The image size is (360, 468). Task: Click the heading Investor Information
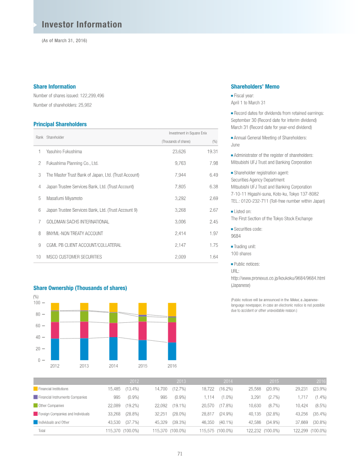(81, 25)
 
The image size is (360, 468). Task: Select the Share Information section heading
(54, 87)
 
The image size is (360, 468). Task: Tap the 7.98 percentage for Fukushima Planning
(214, 164)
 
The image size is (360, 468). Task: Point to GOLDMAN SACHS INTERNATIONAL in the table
(77, 222)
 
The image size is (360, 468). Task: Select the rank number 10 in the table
(38, 257)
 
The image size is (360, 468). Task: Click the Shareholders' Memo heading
(255, 87)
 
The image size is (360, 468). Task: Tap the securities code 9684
(235, 236)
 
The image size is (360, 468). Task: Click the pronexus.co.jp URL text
(278, 278)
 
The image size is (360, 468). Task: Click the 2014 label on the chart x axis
(113, 366)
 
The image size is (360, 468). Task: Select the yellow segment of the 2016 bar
(172, 309)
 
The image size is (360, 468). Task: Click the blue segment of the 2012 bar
(55, 349)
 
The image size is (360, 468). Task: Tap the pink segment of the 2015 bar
(143, 330)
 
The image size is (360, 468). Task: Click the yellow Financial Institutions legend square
(36, 388)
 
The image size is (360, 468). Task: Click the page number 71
(180, 454)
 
